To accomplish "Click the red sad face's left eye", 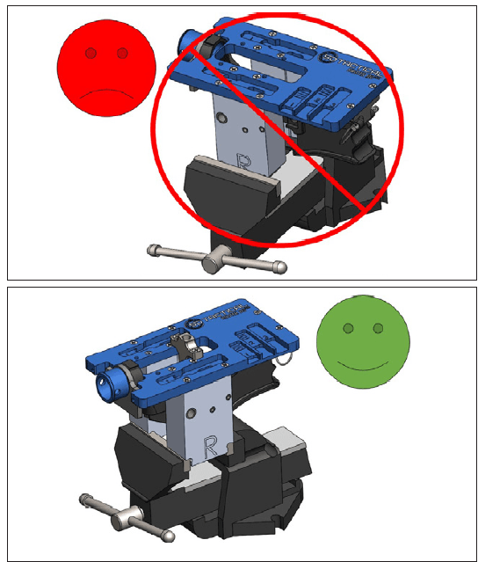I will point(91,54).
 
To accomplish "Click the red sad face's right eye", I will point(122,54).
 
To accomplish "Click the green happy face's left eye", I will point(348,328).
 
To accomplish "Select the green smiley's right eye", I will point(379,328).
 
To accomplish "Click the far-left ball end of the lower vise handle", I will point(86,501).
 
